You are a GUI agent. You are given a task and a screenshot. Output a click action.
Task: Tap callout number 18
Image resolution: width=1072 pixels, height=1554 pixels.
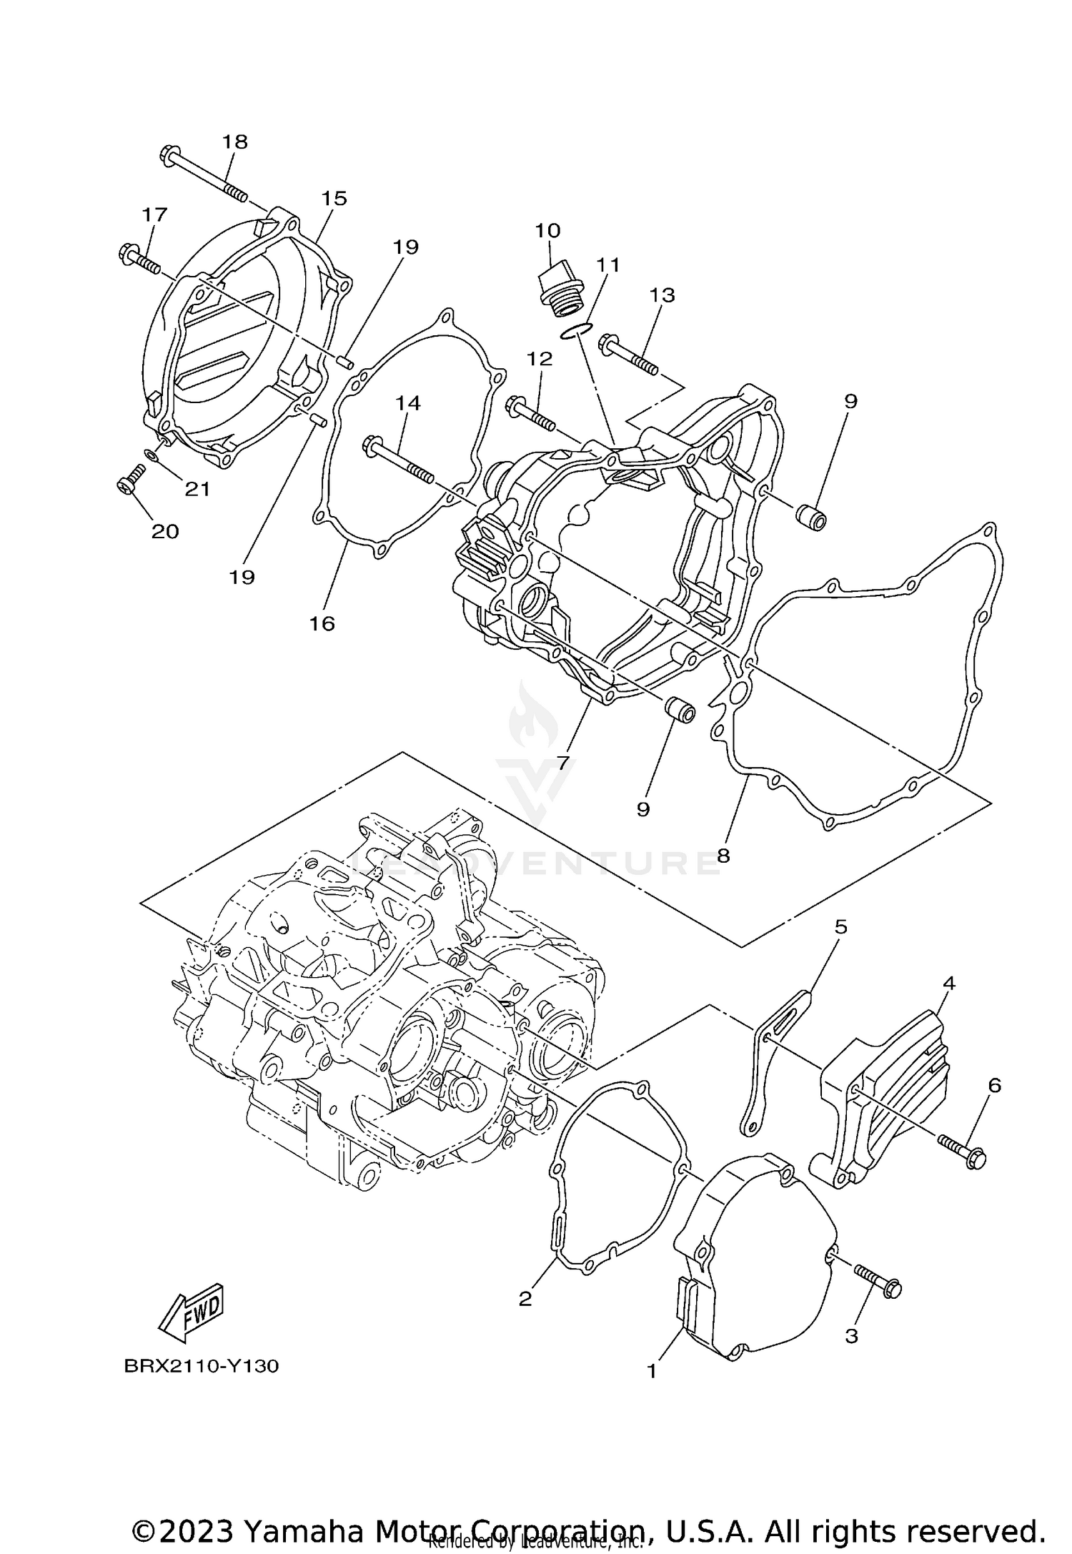tap(234, 142)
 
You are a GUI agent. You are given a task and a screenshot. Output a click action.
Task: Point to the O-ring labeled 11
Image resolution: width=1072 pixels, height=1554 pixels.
tap(576, 331)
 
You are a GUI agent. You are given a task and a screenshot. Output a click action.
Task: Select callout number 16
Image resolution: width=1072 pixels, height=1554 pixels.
tap(322, 623)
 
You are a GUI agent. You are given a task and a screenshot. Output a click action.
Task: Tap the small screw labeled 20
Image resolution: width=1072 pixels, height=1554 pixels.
tap(130, 479)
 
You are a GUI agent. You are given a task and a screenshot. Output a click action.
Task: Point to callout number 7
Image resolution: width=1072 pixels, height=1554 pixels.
tap(563, 763)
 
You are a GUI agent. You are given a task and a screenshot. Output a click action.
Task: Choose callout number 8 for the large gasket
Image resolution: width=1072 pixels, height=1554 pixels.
tap(723, 855)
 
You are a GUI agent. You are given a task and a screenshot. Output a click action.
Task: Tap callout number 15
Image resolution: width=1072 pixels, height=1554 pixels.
tap(334, 198)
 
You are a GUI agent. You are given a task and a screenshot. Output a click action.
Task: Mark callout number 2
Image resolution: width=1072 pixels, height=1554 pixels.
tap(525, 1298)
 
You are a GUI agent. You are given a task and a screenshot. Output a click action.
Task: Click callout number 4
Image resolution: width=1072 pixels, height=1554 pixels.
tap(948, 983)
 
